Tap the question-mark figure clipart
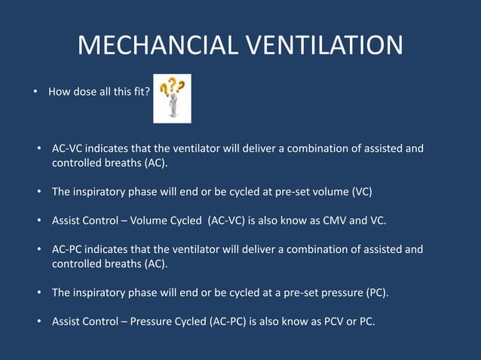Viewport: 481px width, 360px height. [x=172, y=98]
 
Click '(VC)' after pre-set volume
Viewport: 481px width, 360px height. [x=362, y=191]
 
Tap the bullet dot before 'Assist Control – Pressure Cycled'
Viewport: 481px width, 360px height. [x=38, y=322]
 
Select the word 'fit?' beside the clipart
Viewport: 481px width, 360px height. [x=139, y=92]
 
